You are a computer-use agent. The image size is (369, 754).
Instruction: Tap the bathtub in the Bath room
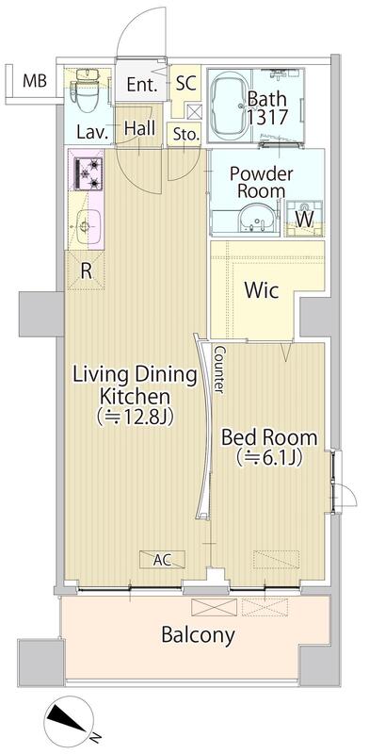coord(229,106)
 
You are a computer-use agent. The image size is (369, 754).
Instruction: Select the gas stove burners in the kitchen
coord(88,173)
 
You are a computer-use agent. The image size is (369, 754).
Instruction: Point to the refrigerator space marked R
coord(86,270)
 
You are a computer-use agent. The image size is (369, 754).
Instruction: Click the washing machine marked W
coord(305,219)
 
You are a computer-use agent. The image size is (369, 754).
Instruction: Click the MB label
coord(35,81)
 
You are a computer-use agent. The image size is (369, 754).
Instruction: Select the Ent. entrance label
coord(142,85)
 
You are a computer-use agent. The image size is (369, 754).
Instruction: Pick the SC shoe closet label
coord(185,83)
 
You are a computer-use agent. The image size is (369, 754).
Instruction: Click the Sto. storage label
coord(186,136)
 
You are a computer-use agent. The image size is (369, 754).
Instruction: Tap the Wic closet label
coord(262,290)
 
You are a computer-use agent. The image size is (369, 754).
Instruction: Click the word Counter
coord(218,369)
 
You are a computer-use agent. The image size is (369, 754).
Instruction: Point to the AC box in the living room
coord(162,559)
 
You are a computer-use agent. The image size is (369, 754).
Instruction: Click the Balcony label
coord(198,634)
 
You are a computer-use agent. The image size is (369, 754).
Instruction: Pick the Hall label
coord(140,128)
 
